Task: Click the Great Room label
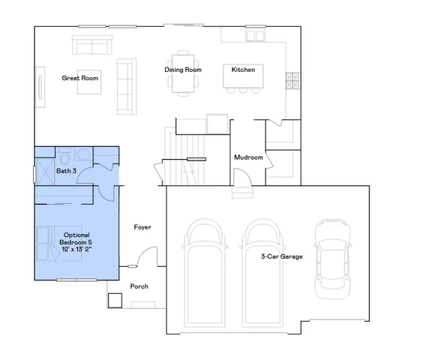point(80,77)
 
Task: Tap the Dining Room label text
point(183,70)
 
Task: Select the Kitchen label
point(242,70)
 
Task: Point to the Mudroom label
point(248,157)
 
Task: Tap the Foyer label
point(143,226)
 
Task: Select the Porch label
point(139,286)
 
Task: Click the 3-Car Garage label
point(281,256)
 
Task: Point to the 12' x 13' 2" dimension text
point(77,250)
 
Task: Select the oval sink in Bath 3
point(82,155)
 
